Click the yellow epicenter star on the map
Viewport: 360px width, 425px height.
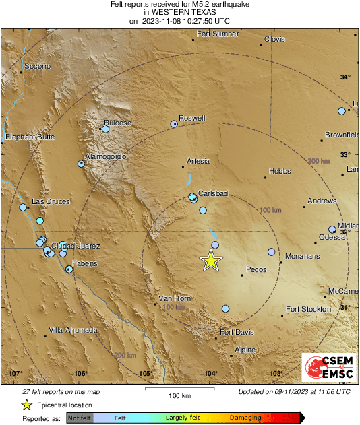212,261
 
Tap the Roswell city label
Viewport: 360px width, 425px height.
191,118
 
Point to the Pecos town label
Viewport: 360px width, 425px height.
256,269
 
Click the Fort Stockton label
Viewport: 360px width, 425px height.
308,309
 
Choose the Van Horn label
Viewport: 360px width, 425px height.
175,298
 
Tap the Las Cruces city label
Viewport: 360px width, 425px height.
51,202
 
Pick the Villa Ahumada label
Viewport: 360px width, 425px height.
73,331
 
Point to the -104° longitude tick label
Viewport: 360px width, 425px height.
210,374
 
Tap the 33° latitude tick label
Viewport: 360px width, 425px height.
345,154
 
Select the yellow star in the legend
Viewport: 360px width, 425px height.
26,405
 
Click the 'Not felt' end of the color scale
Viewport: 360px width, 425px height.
80,418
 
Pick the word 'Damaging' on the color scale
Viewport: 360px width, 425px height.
245,418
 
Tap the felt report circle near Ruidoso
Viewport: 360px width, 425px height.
105,129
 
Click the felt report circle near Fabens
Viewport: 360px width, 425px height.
69,269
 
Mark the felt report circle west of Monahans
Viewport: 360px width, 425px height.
272,252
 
